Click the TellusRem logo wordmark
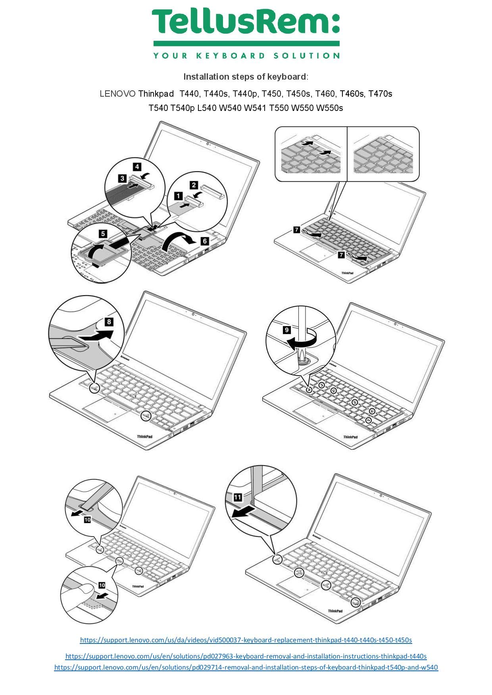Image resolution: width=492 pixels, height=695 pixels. pyautogui.click(x=246, y=22)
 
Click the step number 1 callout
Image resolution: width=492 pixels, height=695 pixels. pyautogui.click(x=179, y=196)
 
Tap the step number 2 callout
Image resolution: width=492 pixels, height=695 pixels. pyautogui.click(x=194, y=185)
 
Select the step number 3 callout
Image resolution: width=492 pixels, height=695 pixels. pyautogui.click(x=122, y=179)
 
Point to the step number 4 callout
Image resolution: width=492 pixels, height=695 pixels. pyautogui.click(x=137, y=167)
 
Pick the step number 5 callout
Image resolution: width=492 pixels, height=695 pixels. pyautogui.click(x=103, y=234)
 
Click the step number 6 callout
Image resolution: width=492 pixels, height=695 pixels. pyautogui.click(x=205, y=241)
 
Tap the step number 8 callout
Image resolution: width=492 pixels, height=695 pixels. pyautogui.click(x=109, y=322)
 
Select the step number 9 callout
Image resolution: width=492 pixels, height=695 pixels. pyautogui.click(x=287, y=330)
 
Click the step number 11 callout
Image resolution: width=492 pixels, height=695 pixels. pyautogui.click(x=238, y=497)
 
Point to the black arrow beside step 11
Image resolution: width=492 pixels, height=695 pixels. pyautogui.click(x=243, y=512)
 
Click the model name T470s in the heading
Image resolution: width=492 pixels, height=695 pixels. pyautogui.click(x=380, y=94)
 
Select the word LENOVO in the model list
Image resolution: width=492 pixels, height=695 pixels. pyautogui.click(x=117, y=94)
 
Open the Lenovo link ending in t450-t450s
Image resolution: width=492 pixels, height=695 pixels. pyautogui.click(x=246, y=640)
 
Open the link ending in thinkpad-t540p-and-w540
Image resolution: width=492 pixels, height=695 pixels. pyautogui.click(x=246, y=667)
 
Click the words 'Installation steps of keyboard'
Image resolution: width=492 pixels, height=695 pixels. pyautogui.click(x=244, y=76)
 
